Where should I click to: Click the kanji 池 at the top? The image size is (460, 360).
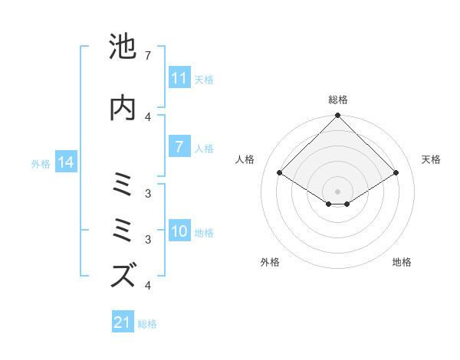click(123, 47)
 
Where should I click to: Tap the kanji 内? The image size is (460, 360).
click(123, 108)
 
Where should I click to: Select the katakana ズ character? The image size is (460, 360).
click(123, 275)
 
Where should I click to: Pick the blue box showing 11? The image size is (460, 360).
click(179, 78)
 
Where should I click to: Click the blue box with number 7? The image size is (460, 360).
click(179, 147)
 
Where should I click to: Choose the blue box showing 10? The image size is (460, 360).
click(179, 232)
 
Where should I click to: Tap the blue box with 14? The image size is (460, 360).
click(66, 163)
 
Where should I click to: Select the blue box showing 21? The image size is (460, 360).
click(123, 323)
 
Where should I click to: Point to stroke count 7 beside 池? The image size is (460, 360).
click(147, 56)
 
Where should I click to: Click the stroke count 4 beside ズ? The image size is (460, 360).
click(147, 286)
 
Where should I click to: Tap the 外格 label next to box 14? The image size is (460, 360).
click(41, 164)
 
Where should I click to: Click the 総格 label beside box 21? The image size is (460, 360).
click(147, 324)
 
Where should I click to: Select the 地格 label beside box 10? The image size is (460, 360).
click(204, 233)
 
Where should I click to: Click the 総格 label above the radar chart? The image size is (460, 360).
click(338, 100)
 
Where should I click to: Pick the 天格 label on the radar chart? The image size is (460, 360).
click(432, 159)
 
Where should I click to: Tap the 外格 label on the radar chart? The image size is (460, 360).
click(270, 263)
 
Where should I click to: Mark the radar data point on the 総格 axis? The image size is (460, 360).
click(338, 116)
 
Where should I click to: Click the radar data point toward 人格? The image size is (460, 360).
click(280, 173)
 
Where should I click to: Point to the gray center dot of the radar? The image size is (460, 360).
click(338, 191)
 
